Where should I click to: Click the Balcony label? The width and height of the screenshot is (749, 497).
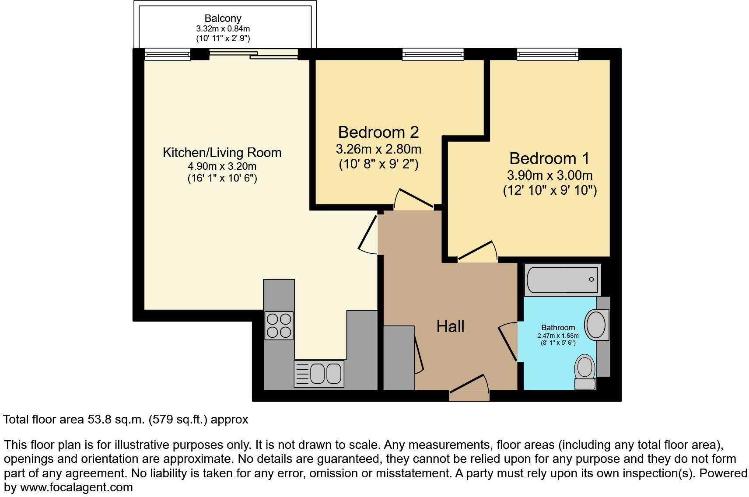[x=223, y=18]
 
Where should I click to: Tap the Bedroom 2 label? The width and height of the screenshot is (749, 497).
[x=378, y=133]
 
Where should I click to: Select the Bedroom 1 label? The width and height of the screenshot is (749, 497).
[x=549, y=158]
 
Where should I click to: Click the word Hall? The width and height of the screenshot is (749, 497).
[x=450, y=326]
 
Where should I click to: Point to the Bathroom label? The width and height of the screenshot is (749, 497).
[x=558, y=328]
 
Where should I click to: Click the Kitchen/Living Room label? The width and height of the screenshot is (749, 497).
[x=222, y=153]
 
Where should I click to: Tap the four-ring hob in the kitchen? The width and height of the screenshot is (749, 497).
[x=279, y=326]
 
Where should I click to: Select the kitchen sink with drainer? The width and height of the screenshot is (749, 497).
[x=319, y=374]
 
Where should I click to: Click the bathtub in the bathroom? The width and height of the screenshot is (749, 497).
[x=563, y=280]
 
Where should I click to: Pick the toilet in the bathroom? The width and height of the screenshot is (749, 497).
[x=585, y=372]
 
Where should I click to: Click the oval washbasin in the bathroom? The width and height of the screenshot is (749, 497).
[x=595, y=325]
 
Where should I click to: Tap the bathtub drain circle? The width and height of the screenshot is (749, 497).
[x=591, y=279]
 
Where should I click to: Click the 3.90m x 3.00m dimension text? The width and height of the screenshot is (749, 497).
[x=549, y=175]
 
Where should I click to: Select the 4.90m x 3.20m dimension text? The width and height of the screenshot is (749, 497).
[x=222, y=166]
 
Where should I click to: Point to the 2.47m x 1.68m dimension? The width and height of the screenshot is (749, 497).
[x=558, y=336]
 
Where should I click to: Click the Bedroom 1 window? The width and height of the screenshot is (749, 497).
[x=547, y=54]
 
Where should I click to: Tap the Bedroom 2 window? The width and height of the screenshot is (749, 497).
[x=433, y=54]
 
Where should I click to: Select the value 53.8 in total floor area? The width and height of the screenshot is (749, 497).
[x=99, y=420]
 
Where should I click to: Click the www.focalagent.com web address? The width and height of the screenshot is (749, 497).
[x=77, y=487]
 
